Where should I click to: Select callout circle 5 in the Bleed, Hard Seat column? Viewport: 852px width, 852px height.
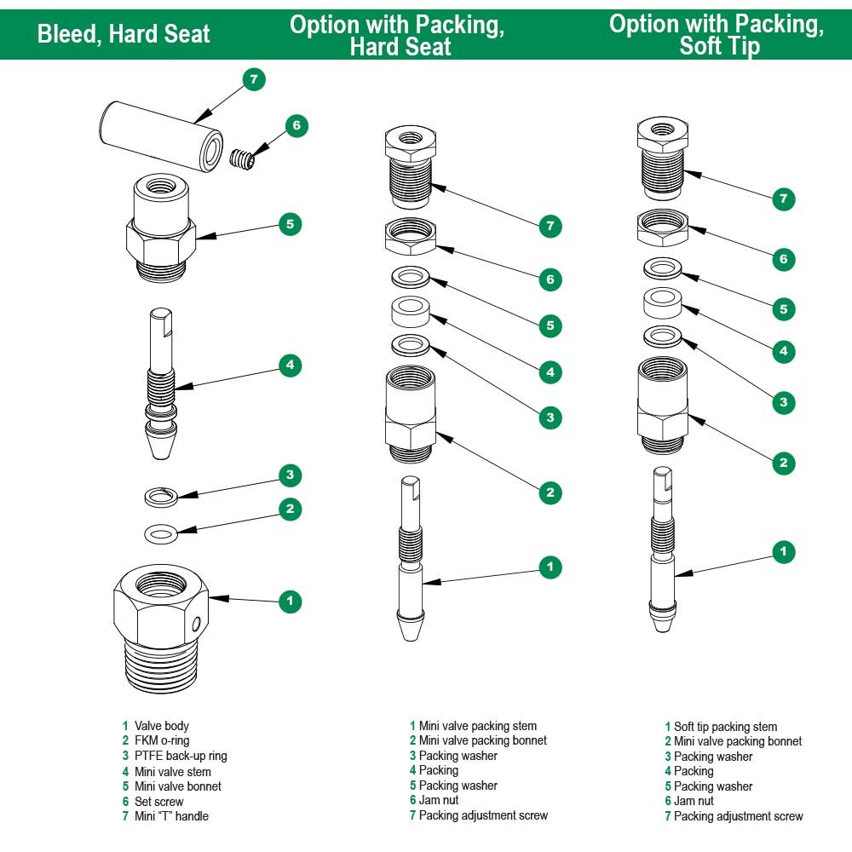click(290, 224)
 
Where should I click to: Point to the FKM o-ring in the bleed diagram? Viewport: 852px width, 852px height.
click(161, 533)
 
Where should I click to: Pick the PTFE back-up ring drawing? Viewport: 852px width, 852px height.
click(161, 496)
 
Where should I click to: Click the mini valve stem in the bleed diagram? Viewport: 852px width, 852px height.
click(161, 383)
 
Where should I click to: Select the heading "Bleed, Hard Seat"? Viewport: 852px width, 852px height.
click(124, 35)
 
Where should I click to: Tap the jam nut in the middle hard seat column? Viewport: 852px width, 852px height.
click(411, 236)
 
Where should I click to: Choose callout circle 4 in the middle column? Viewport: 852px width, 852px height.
click(550, 371)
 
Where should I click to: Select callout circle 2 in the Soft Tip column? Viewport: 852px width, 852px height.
click(783, 463)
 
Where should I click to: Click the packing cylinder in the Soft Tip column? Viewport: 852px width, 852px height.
click(661, 302)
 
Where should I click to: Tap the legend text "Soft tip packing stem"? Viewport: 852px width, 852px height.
click(725, 727)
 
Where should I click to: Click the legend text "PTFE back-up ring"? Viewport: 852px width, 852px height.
click(181, 756)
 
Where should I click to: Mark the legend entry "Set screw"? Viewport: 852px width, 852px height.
click(158, 801)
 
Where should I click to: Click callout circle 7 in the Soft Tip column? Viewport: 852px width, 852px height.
click(783, 199)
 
